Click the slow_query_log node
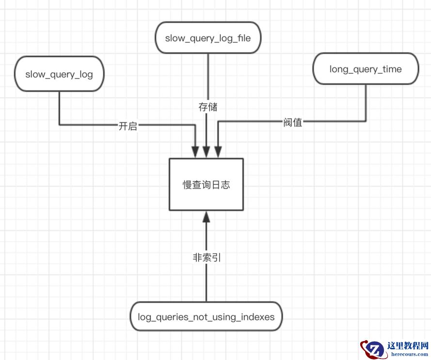pos(59,74)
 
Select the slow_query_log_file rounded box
pos(208,38)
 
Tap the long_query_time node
pos(366,69)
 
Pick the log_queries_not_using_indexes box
pos(207,317)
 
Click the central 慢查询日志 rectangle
pos(206,184)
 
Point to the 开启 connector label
pos(128,126)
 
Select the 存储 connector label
pos(208,107)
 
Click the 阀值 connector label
pos(293,122)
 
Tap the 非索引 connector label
pos(207,258)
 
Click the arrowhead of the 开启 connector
pos(195,152)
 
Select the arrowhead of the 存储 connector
pos(207,152)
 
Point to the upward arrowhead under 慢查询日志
pos(207,217)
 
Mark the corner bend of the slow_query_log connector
pos(59,125)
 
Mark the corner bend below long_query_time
pos(366,121)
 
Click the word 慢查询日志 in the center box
pos(206,185)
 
